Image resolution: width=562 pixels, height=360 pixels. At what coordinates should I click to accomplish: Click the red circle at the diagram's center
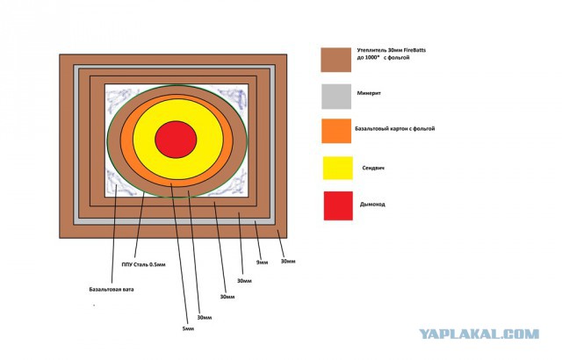point(176,140)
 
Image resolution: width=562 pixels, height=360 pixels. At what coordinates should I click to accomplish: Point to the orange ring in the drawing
point(126,140)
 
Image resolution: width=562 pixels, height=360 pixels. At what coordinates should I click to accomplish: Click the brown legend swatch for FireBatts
point(335,60)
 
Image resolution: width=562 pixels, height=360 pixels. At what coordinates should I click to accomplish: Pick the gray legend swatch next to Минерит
point(336,97)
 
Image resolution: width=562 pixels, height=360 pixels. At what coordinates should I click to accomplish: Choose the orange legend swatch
point(336,131)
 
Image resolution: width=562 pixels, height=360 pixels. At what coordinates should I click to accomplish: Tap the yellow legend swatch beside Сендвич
point(337,168)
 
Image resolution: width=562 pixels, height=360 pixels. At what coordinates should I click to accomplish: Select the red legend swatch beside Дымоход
point(338,205)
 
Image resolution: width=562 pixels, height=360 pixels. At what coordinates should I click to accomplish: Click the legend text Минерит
point(369,93)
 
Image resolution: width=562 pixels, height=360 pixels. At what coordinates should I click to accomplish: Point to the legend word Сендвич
point(373,168)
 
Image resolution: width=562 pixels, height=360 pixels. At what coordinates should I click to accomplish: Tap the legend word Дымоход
point(372,205)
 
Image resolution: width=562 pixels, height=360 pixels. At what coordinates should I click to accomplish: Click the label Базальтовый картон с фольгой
point(394,128)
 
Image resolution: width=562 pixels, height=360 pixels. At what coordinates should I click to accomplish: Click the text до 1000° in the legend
point(368,58)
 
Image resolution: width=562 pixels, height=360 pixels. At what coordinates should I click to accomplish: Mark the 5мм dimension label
point(188,328)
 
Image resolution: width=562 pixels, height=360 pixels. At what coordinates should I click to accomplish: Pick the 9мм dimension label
point(262,263)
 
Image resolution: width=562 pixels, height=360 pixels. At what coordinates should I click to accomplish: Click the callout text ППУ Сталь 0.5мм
point(144,265)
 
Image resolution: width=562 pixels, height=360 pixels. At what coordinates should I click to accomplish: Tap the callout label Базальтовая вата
point(112,289)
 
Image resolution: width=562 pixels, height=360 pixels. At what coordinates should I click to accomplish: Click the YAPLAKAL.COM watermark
point(479,335)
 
